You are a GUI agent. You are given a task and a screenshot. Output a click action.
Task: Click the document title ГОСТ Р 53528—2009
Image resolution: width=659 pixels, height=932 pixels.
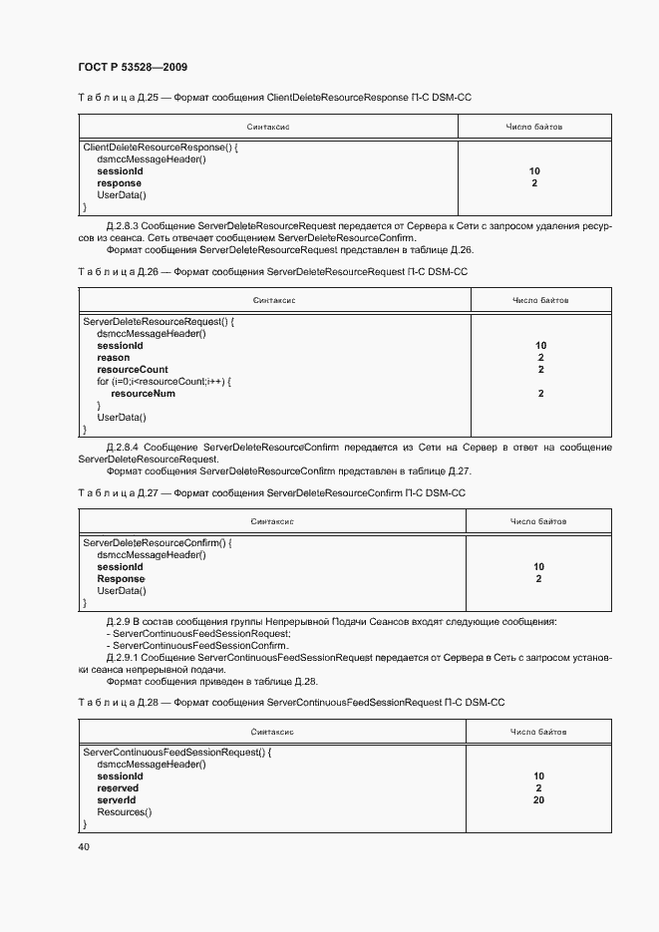(x=133, y=67)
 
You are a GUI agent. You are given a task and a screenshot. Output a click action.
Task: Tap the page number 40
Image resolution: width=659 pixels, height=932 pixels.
(x=84, y=846)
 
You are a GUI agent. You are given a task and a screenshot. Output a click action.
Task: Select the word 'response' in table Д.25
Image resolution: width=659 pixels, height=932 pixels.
(x=119, y=183)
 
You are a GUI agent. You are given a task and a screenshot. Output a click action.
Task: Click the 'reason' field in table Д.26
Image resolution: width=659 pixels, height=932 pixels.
(x=113, y=358)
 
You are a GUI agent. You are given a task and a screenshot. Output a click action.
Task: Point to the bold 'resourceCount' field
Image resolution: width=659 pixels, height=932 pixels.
(x=132, y=370)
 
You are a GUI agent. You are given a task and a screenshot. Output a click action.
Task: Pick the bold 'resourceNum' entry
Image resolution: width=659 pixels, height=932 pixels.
(x=143, y=394)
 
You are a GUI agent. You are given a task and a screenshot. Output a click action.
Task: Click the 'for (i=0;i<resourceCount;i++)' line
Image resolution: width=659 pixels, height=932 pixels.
(x=163, y=382)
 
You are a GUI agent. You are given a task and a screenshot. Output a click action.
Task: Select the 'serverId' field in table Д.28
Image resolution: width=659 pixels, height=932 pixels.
(x=116, y=800)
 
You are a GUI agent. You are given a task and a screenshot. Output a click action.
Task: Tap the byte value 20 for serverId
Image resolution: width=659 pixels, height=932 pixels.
(x=538, y=800)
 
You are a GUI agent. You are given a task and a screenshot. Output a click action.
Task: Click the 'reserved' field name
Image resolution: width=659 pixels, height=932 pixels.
(x=118, y=788)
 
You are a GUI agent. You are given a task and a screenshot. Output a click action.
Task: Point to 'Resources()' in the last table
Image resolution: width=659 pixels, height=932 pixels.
(x=124, y=812)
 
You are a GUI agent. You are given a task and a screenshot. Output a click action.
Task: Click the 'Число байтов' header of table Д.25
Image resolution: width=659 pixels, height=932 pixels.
(x=534, y=128)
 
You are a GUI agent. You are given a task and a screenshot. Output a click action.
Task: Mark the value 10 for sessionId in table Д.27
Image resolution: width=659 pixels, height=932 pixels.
(x=538, y=567)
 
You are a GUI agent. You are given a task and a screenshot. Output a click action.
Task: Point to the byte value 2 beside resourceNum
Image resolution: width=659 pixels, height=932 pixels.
(x=540, y=394)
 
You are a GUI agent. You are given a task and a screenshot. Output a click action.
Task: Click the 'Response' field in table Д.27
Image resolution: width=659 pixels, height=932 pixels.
(x=121, y=579)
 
